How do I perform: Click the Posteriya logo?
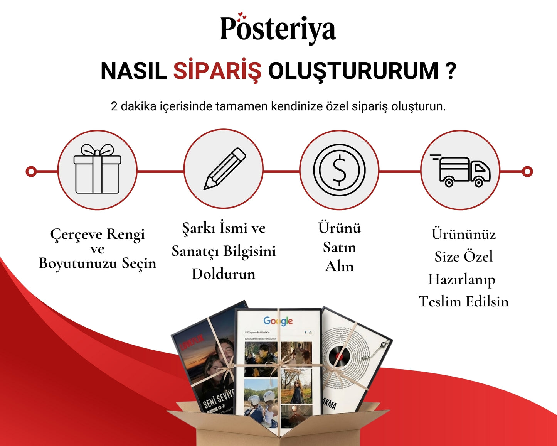point(278,29)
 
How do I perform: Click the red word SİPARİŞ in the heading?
point(217,71)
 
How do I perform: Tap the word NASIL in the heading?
point(133,71)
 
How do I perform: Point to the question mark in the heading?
point(450,71)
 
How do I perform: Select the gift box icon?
point(97,170)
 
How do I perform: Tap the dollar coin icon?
point(339,170)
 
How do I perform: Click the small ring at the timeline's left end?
point(31,171)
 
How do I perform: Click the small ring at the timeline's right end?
point(527,171)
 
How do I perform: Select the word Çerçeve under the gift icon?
point(76,234)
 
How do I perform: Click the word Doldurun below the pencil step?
point(224,274)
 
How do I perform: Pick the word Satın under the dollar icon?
point(339,247)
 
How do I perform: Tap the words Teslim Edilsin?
point(463,301)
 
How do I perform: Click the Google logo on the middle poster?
point(278,321)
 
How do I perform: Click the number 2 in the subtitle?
point(114,106)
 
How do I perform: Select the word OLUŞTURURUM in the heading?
point(353,71)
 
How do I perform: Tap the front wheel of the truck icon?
point(478,182)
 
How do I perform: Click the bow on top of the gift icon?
point(97,150)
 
